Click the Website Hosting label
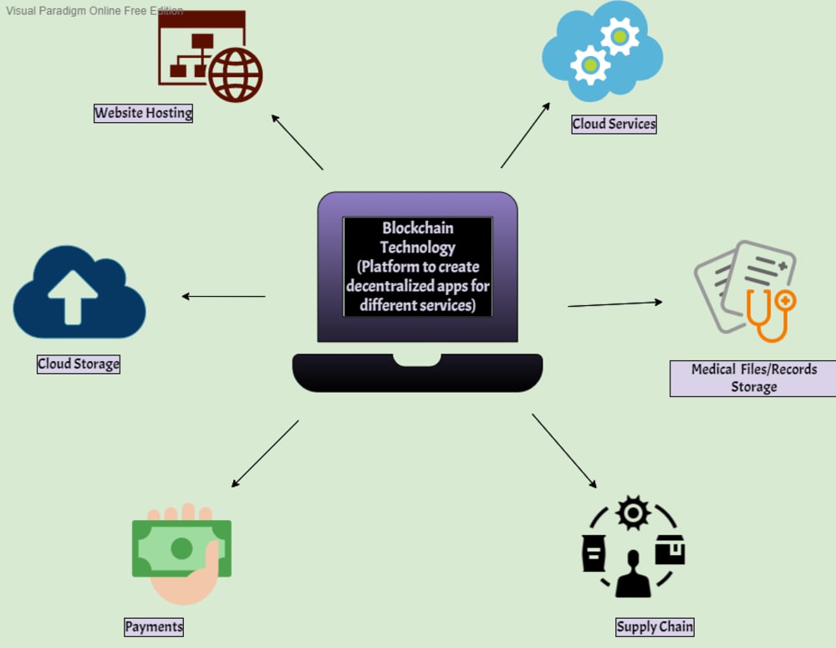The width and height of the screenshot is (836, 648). [143, 113]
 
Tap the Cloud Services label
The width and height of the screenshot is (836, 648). [614, 124]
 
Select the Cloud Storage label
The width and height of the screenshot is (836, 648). [79, 364]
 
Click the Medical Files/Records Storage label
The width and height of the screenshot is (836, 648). [753, 378]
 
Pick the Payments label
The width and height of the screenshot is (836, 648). [154, 626]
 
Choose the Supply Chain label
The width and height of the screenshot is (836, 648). [655, 626]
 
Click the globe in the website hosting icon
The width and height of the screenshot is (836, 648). [235, 74]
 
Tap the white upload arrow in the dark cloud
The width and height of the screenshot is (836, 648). [73, 296]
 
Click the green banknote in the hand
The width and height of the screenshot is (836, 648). [181, 549]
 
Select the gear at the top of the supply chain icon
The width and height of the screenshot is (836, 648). [633, 512]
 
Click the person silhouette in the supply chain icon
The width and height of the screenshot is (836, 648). [633, 575]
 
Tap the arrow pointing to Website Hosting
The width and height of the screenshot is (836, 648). [297, 142]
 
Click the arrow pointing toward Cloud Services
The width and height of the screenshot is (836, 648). [525, 135]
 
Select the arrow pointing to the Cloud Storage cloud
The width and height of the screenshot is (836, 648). [223, 296]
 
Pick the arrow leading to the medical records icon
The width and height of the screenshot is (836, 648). [615, 304]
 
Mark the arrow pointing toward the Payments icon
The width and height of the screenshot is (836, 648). [264, 454]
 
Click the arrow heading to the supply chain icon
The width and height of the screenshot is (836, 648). [564, 451]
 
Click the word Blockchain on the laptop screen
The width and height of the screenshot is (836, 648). [418, 227]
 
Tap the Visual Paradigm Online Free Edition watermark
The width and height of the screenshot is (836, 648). [94, 11]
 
